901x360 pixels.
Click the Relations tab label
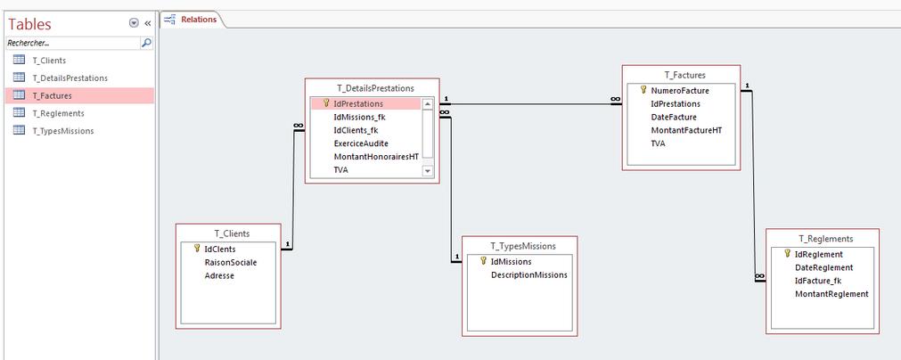pyautogui.click(x=199, y=20)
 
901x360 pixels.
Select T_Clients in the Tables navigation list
pyautogui.click(x=49, y=61)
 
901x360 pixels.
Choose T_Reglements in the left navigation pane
pyautogui.click(x=59, y=113)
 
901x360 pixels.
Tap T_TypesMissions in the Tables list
pyautogui.click(x=63, y=131)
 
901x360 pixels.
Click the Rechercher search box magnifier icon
pyautogui.click(x=146, y=43)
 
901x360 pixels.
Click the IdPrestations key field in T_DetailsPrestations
pyautogui.click(x=358, y=104)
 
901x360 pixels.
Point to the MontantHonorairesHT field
pyautogui.click(x=376, y=157)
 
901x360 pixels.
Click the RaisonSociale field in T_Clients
pyautogui.click(x=231, y=262)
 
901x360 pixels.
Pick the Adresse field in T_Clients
pyautogui.click(x=219, y=275)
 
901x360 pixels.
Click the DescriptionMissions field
pyautogui.click(x=528, y=275)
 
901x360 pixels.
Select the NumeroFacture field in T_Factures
pyautogui.click(x=680, y=91)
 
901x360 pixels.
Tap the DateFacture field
pyautogui.click(x=674, y=117)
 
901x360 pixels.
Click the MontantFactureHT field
pyautogui.click(x=685, y=130)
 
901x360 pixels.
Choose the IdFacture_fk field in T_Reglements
pyautogui.click(x=818, y=281)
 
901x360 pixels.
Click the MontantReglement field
pyautogui.click(x=831, y=294)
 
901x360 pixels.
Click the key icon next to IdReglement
pyautogui.click(x=788, y=253)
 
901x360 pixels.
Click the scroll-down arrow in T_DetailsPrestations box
pyautogui.click(x=427, y=171)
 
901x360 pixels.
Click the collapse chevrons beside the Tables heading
pyautogui.click(x=147, y=23)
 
